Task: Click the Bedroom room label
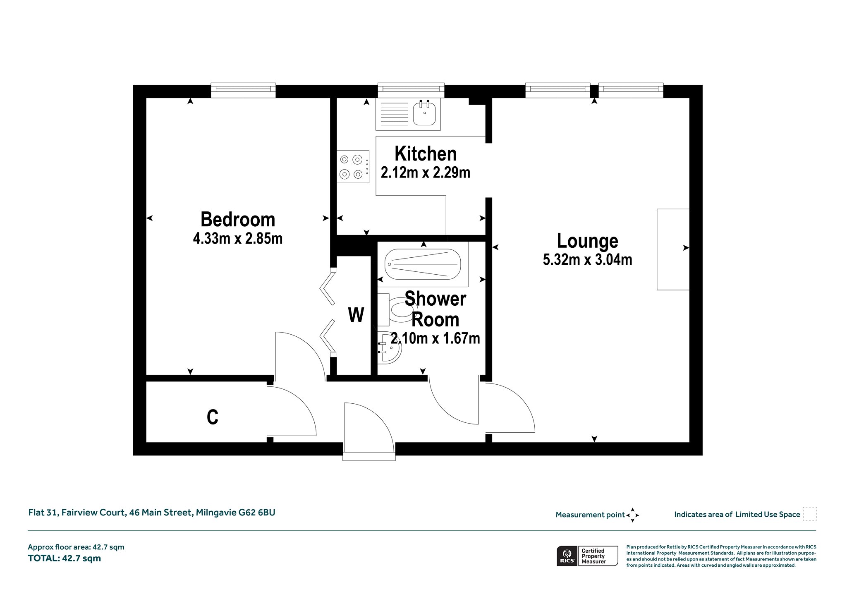point(238,220)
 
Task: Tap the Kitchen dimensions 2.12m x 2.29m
point(426,173)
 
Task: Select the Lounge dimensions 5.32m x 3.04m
point(587,259)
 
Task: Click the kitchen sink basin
point(424,113)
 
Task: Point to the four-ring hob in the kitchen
point(353,166)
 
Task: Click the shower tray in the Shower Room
point(423,264)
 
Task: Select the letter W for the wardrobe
point(356,315)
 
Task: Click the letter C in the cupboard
point(213,417)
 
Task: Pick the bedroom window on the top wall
point(243,90)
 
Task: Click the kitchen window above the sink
point(411,90)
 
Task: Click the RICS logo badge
point(567,556)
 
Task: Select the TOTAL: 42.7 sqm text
point(64,558)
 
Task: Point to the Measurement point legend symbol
point(632,515)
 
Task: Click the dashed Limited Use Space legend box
point(809,514)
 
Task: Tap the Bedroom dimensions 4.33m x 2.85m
point(238,239)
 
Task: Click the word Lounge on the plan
point(587,241)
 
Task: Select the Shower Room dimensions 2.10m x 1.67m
point(435,338)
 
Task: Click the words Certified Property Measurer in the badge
point(593,556)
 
